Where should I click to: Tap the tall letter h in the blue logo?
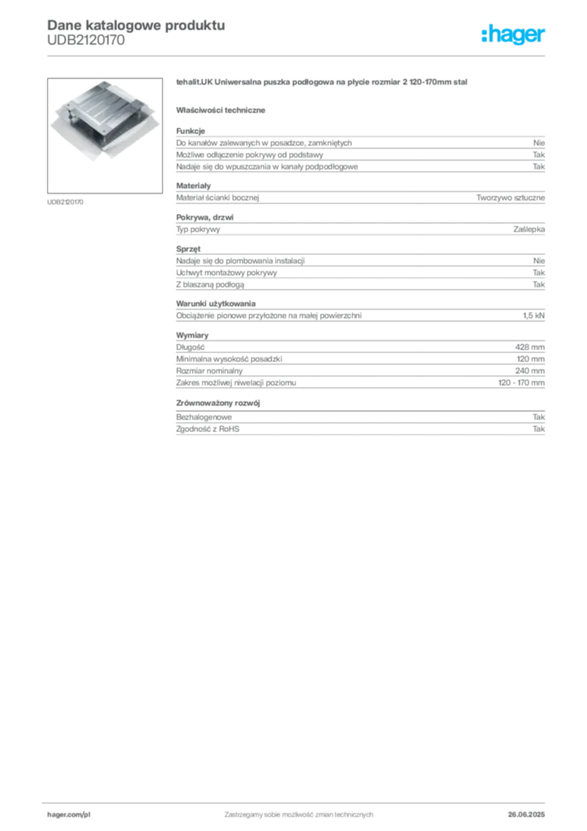tap(486, 35)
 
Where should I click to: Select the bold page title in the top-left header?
tap(135, 25)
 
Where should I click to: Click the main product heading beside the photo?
tap(323, 84)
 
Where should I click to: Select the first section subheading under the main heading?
tap(223, 110)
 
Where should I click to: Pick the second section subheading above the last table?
tap(221, 402)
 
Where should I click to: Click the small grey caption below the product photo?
tap(64, 200)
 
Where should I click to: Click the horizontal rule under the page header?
tap(298, 56)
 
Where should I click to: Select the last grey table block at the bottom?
tap(359, 428)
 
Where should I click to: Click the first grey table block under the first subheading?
tap(359, 151)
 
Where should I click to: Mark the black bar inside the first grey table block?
tap(446, 165)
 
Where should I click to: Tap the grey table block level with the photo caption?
tap(359, 196)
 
